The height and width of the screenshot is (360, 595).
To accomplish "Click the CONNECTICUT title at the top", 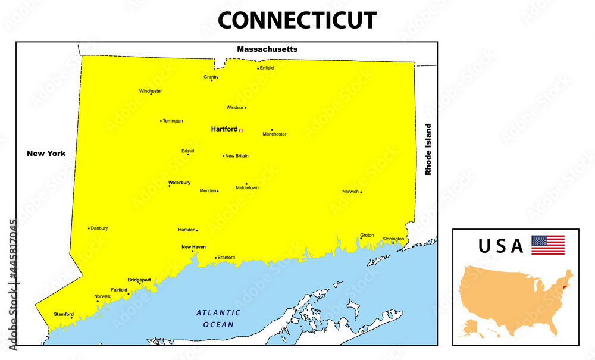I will pos(297,20).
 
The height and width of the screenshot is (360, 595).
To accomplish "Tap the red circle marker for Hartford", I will pos(241,130).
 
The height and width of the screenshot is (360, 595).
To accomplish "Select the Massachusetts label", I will pos(267,49).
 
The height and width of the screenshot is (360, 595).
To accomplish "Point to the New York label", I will pos(46,154).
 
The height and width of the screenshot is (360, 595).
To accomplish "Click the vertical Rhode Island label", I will pos(427,149).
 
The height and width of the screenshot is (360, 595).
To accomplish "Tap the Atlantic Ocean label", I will pos(218,318).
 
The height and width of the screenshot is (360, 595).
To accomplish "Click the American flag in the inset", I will pos(547,245).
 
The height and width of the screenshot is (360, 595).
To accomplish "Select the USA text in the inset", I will pos(501,246).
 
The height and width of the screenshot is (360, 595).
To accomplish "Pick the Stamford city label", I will pos(64,314).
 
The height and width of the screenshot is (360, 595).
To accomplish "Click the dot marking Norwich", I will pos(361,192).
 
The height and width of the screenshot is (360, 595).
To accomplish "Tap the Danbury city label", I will pos(99,228).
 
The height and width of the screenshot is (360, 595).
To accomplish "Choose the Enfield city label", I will pos(267,68).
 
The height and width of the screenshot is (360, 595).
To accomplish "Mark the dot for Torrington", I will pos(161,121).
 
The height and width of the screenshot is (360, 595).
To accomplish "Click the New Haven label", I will pos(193,246).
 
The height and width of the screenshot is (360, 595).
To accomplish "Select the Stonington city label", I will pos(393,239).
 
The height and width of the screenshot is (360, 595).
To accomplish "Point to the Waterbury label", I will pos(179,183).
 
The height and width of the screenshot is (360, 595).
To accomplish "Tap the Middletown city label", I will pos(247,188).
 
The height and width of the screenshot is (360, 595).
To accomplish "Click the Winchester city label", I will pos(151,91).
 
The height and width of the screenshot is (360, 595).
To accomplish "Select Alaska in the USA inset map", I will pos(474,325).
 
